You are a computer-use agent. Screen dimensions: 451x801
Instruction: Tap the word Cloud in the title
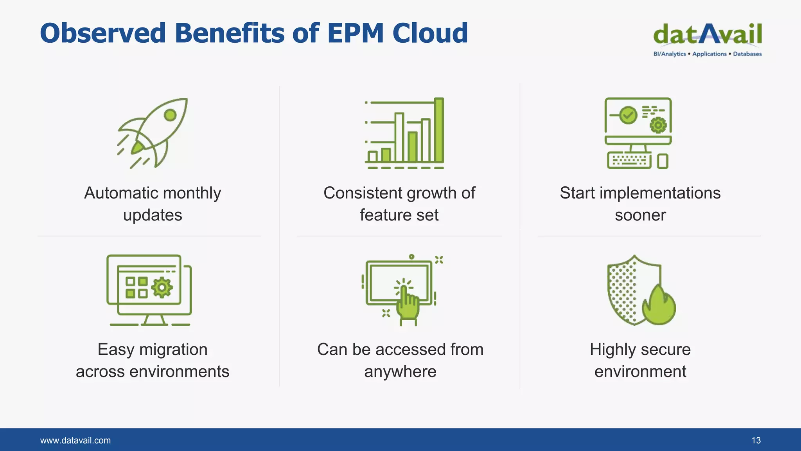pyautogui.click(x=430, y=33)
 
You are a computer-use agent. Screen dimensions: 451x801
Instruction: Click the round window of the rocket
pyautogui.click(x=170, y=115)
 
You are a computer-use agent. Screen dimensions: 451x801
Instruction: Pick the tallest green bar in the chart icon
pyautogui.click(x=439, y=130)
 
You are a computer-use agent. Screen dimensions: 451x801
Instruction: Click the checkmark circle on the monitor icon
pyautogui.click(x=628, y=115)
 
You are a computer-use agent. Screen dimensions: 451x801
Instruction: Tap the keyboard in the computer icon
pyautogui.click(x=629, y=161)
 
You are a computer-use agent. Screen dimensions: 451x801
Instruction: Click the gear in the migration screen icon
pyautogui.click(x=162, y=288)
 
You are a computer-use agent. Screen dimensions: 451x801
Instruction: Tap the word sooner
pyautogui.click(x=640, y=215)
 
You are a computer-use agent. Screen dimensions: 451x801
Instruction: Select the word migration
pyautogui.click(x=173, y=350)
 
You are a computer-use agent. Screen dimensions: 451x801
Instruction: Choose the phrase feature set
pyautogui.click(x=399, y=215)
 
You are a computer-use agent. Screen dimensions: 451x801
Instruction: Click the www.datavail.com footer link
pyautogui.click(x=75, y=440)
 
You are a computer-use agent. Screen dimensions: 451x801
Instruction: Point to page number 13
pyautogui.click(x=756, y=440)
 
